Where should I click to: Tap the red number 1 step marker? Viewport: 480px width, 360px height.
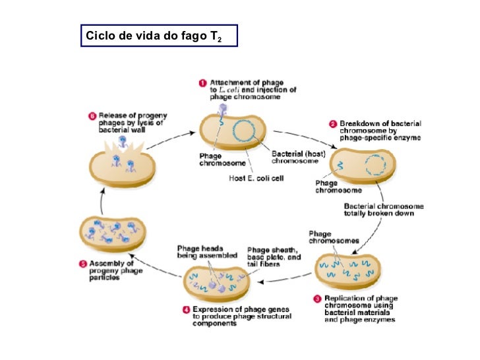click(x=204, y=82)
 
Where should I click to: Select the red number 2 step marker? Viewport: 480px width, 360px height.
click(x=333, y=123)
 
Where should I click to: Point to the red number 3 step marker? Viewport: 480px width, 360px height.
click(x=318, y=299)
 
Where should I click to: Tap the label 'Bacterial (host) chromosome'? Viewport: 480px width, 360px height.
click(x=296, y=158)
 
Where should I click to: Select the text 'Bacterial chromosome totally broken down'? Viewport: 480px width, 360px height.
click(x=383, y=210)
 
